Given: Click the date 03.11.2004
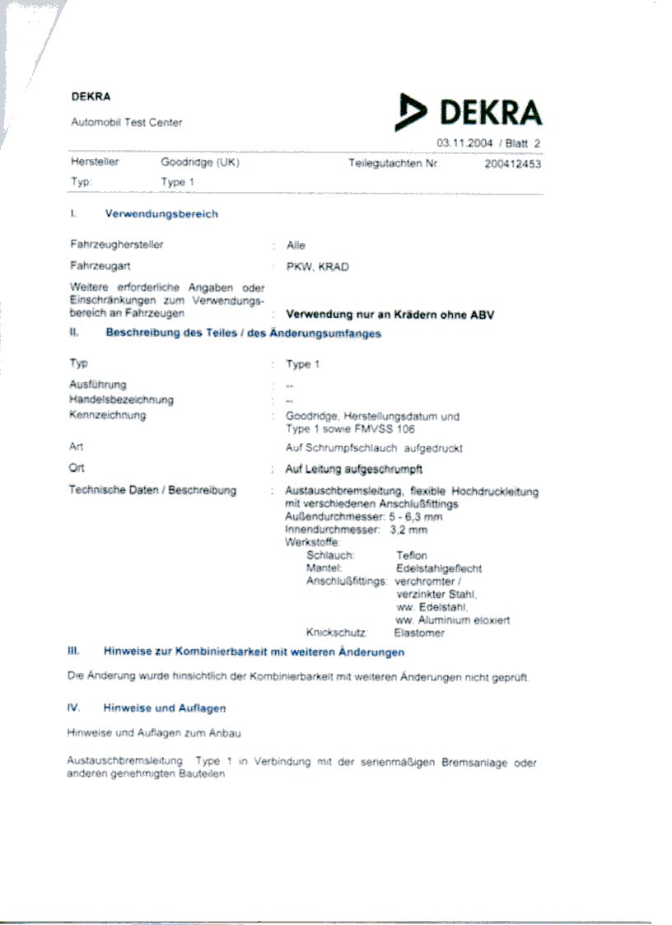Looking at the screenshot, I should pyautogui.click(x=464, y=143).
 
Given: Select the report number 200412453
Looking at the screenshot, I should pyautogui.click(x=513, y=164).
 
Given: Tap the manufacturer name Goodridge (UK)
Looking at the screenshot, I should pyautogui.click(x=200, y=163).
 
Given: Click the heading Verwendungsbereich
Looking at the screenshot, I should pyautogui.click(x=161, y=214).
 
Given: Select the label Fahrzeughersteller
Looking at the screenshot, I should pyautogui.click(x=117, y=245).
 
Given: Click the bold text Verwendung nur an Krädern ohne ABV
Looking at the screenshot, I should pyautogui.click(x=390, y=315).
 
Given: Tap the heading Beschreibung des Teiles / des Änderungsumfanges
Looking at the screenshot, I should pyautogui.click(x=243, y=334).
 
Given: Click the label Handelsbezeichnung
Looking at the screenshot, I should pyautogui.click(x=121, y=400).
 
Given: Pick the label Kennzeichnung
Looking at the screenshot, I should pyautogui.click(x=108, y=415).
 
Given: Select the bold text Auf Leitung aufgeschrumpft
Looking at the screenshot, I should pyautogui.click(x=354, y=469).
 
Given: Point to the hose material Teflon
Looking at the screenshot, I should pyautogui.click(x=412, y=556).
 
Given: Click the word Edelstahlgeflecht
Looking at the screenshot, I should pyautogui.click(x=439, y=568).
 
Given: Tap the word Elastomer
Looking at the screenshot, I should pyautogui.click(x=420, y=633).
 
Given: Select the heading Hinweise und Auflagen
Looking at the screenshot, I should pyautogui.click(x=165, y=708).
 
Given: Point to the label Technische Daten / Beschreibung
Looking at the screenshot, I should pyautogui.click(x=153, y=491).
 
